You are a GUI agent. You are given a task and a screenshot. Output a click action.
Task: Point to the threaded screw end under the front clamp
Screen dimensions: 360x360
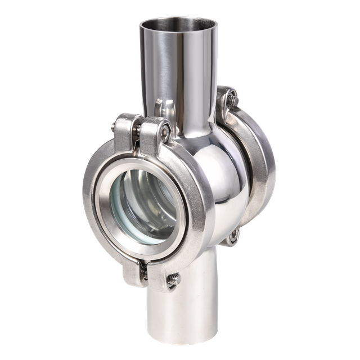tap(174, 278)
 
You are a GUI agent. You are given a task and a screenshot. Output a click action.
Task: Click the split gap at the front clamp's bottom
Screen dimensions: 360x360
tap(141, 265)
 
